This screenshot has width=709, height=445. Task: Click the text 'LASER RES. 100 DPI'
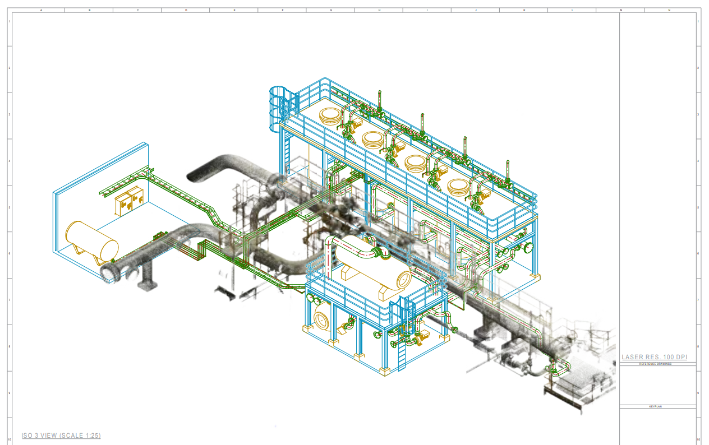pos(654,357)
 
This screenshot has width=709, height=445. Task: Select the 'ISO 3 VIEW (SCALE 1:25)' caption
pos(61,435)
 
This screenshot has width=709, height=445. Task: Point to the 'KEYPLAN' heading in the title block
pos(656,406)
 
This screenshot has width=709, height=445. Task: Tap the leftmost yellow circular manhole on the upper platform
pos(330,116)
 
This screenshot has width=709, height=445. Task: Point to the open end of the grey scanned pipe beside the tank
pos(109,273)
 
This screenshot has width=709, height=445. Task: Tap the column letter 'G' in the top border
pos(331,10)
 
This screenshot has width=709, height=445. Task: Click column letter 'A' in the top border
pos(41,10)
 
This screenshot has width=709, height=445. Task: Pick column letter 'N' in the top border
pos(669,10)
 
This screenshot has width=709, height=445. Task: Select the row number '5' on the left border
pos(9,207)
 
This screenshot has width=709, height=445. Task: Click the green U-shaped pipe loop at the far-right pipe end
pos(557,368)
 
